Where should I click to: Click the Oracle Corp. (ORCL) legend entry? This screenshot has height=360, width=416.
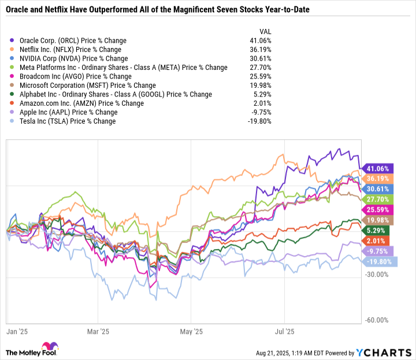pos(72,41)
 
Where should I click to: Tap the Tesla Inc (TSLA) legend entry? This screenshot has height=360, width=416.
pos(67,121)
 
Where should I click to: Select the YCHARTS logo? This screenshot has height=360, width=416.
pos(384,352)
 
